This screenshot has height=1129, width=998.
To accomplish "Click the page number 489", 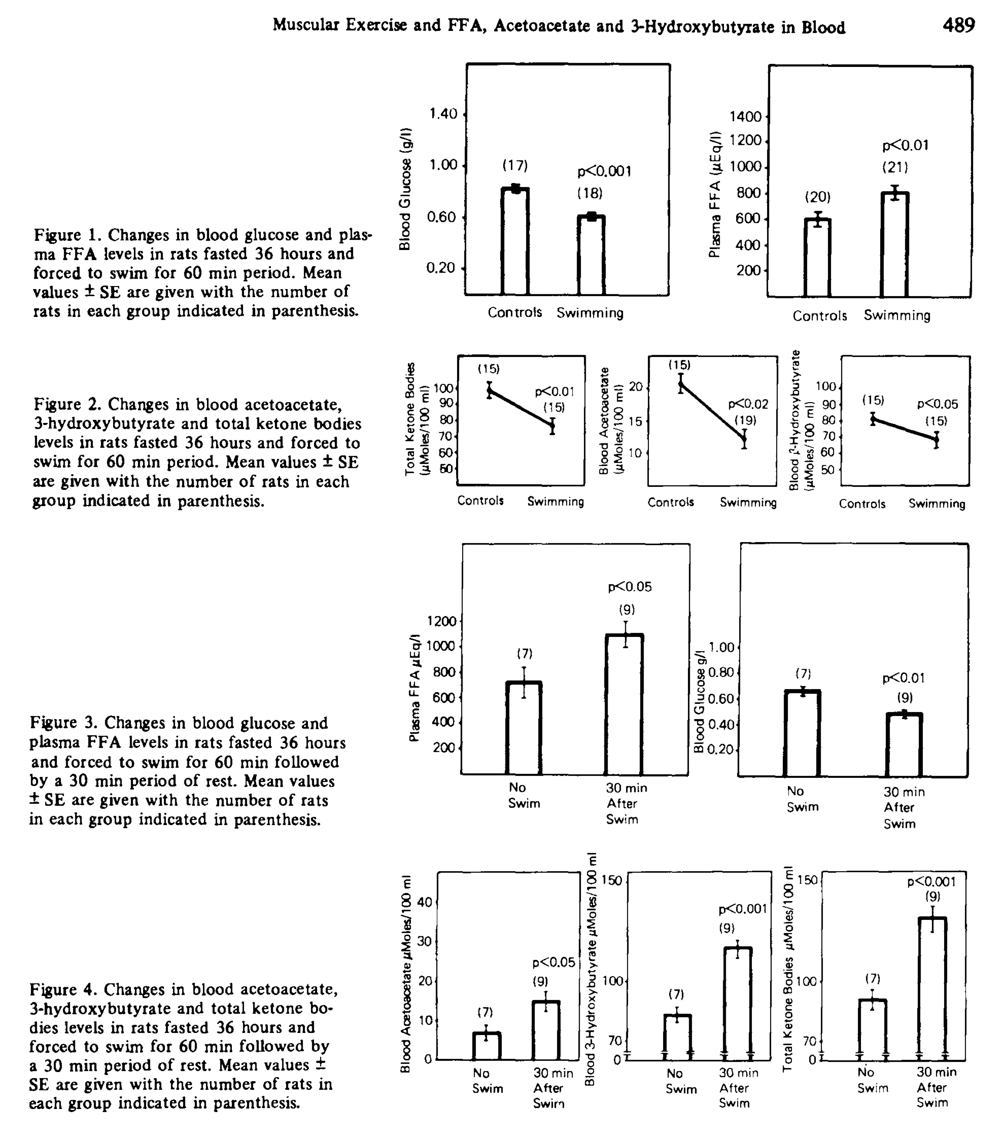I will pos(959,25).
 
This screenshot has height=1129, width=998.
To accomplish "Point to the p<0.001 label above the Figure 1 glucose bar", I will pos(604,172).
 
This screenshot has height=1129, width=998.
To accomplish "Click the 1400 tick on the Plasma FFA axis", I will pos(745,117).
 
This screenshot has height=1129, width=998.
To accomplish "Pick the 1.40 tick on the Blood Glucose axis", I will pos(444,114).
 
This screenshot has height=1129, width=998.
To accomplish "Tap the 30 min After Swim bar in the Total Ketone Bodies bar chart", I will pos(932,988).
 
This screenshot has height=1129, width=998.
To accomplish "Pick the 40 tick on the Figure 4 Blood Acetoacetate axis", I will pos(424,903).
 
